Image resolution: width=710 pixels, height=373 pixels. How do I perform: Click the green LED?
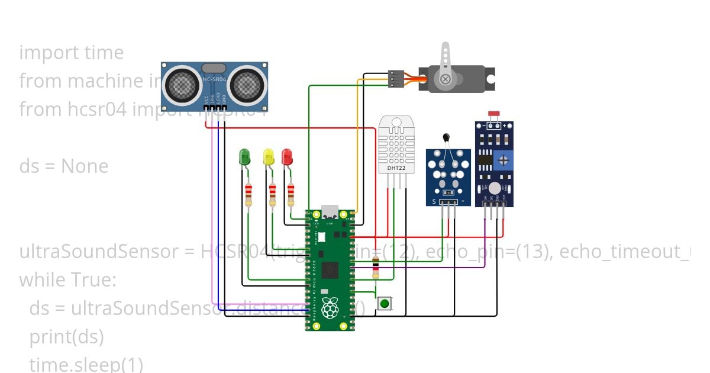click(245, 157)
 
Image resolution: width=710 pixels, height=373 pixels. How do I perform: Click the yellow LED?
click(269, 157)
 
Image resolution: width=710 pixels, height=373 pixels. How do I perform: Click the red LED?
click(287, 157)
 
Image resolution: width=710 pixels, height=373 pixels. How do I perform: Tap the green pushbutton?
click(385, 304)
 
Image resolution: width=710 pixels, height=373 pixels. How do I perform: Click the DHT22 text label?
click(396, 168)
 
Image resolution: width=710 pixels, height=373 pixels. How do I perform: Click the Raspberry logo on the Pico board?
click(330, 308)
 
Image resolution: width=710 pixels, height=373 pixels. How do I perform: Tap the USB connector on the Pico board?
click(330, 213)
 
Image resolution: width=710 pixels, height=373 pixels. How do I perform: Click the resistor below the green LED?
click(248, 194)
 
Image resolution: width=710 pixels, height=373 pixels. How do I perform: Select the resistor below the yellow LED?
click(272, 194)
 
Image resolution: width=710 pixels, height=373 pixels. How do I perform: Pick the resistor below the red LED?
click(291, 194)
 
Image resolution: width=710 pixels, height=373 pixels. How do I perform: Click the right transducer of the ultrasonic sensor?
click(247, 86)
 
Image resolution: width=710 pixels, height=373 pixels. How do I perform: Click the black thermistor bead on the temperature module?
click(446, 138)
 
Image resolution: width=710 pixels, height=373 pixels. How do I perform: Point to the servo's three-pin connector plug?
click(396, 79)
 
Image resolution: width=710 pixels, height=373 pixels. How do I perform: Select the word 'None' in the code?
click(85, 166)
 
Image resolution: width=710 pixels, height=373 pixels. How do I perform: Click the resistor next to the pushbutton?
click(375, 269)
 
